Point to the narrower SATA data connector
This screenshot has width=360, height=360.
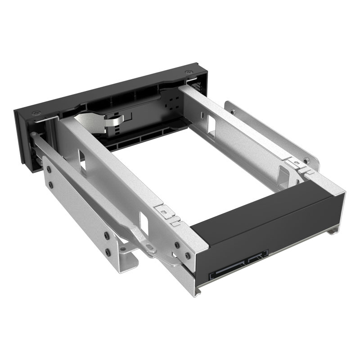click(257, 260)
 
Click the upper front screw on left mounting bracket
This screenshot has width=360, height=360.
click(47, 169)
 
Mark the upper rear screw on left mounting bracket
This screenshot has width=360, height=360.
click(107, 235)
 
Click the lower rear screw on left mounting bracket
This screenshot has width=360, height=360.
click(108, 252)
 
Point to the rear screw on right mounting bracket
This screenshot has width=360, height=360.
click(306, 160)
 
